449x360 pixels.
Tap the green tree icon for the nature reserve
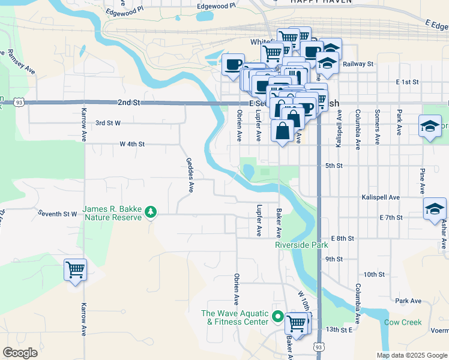pyautogui.click(x=150, y=211)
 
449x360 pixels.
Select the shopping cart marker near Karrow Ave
pyautogui.click(x=75, y=270)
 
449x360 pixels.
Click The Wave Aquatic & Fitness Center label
pyautogui.click(x=234, y=317)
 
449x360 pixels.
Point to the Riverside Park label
pyautogui.click(x=302, y=245)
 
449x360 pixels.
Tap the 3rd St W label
pyautogui.click(x=108, y=122)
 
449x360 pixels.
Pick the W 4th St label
pyautogui.click(x=132, y=144)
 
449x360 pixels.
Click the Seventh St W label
pyautogui.click(x=58, y=213)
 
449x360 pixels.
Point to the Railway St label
pyautogui.click(x=358, y=64)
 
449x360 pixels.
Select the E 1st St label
pyautogui.click(x=406, y=82)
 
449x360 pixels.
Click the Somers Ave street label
pyautogui.click(x=377, y=127)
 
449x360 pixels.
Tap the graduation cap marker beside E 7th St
pyautogui.click(x=435, y=210)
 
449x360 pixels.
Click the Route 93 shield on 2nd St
pyautogui.click(x=20, y=103)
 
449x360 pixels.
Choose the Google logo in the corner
pyautogui.click(x=20, y=352)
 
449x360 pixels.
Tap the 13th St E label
pyautogui.click(x=339, y=330)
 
